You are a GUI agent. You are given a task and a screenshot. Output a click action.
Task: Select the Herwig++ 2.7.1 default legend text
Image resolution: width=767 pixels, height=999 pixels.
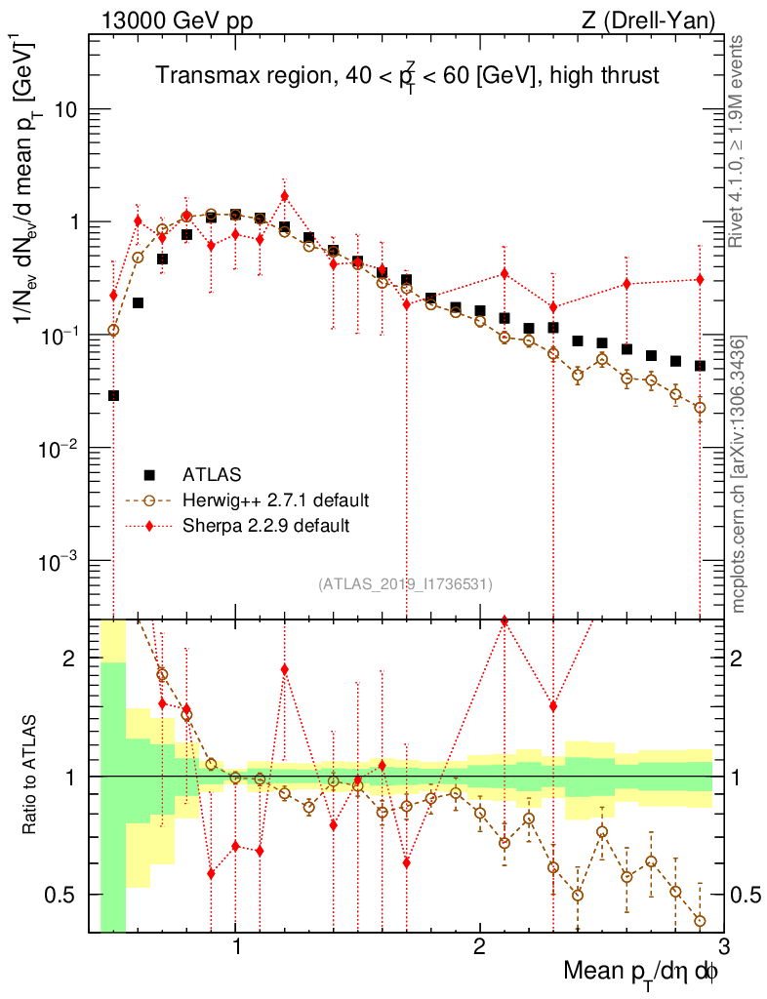[275, 500]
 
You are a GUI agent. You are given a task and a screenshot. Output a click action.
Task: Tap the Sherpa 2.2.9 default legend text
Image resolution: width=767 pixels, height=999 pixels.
[266, 526]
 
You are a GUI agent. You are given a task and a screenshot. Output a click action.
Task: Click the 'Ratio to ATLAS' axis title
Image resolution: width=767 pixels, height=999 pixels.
[31, 776]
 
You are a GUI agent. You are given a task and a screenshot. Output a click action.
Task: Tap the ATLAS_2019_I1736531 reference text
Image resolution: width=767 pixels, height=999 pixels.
[405, 584]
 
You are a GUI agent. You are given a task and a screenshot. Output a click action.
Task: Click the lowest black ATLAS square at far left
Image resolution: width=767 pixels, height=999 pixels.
[113, 395]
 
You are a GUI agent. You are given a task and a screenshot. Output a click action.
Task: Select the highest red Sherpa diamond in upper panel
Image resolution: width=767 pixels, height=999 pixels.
[284, 196]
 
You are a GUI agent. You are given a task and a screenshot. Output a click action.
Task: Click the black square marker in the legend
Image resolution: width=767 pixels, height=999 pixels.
[149, 475]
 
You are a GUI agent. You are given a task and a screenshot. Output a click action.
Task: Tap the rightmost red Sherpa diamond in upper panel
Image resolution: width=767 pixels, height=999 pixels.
[700, 280]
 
